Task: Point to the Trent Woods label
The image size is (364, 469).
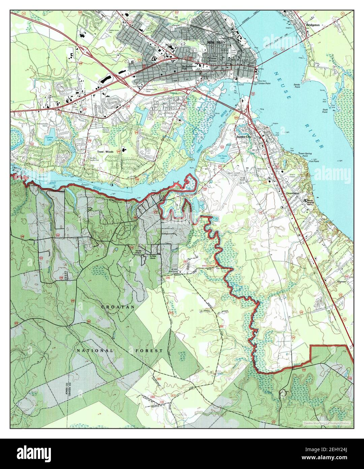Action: pos(105,152)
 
